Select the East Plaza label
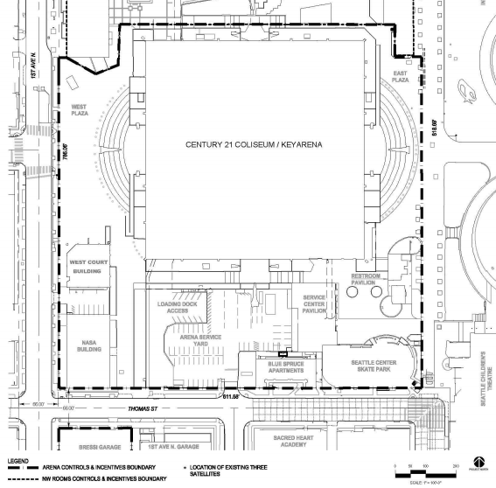pyautogui.click(x=401, y=75)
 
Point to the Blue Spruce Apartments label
pyautogui.click(x=280, y=366)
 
